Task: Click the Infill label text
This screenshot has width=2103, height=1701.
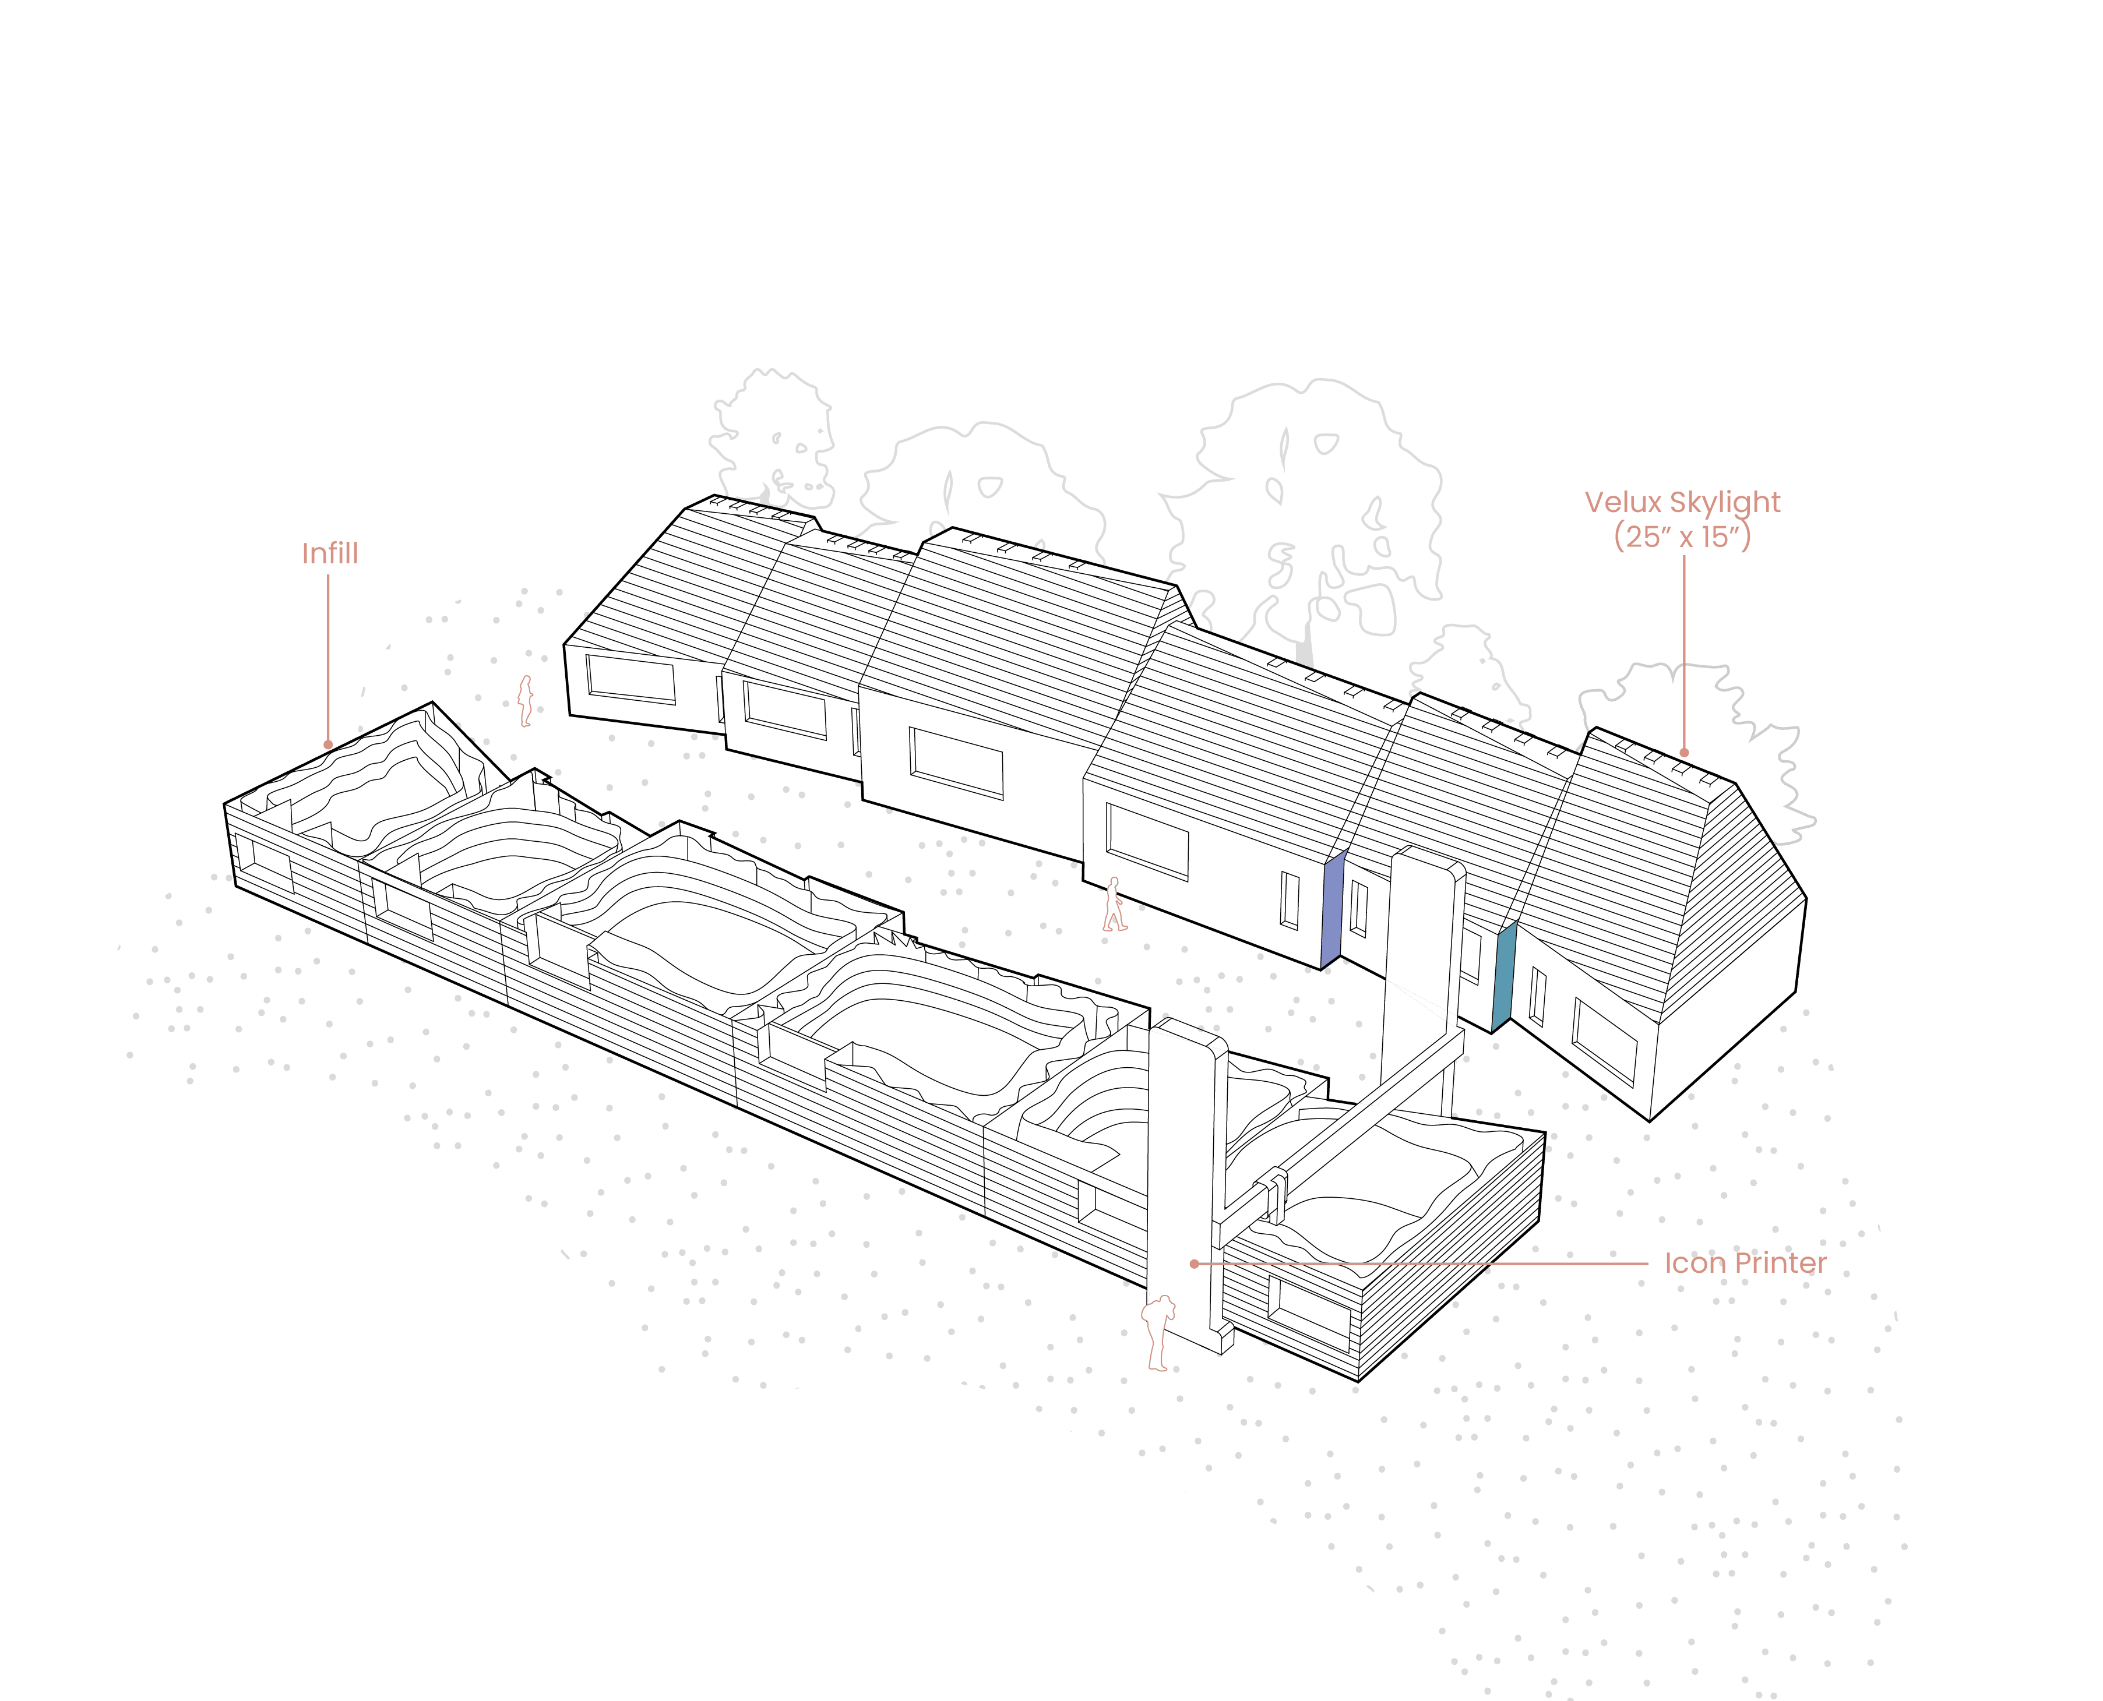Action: [329, 553]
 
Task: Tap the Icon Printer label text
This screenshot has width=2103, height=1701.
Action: [1745, 1263]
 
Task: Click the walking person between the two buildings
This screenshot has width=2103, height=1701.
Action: [1113, 904]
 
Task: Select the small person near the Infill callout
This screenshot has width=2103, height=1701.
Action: [525, 701]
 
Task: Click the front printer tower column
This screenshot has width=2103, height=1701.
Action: [1181, 1176]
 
